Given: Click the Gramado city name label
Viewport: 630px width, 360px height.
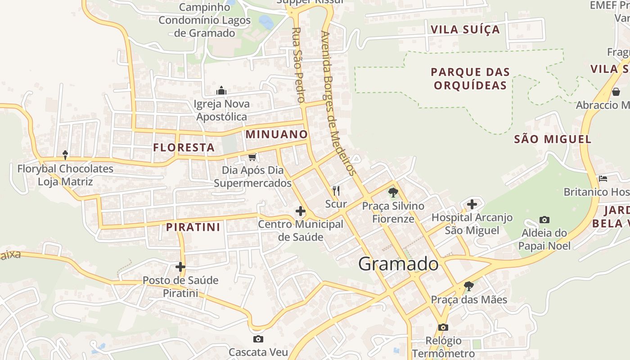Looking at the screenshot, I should click(398, 264).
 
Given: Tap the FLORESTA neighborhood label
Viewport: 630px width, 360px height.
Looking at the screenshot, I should click(184, 147).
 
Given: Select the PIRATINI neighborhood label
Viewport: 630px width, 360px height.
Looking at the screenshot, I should click(193, 227).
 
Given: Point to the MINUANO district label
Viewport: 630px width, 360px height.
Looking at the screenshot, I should click(276, 134).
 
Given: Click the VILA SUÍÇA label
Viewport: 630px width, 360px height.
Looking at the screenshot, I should click(465, 30).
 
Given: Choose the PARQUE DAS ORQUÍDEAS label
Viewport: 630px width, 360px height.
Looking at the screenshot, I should click(470, 79).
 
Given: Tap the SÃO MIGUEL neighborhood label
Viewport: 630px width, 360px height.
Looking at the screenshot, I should click(553, 139).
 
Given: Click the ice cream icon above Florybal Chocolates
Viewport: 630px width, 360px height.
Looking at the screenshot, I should click(65, 155).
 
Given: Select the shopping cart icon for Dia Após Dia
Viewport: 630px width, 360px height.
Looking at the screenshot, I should click(252, 157).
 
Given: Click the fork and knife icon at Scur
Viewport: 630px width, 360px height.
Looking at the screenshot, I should click(336, 191).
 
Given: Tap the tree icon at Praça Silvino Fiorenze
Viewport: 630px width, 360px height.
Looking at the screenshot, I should click(393, 193).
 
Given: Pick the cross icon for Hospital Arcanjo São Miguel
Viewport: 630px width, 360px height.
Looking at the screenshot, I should click(472, 205).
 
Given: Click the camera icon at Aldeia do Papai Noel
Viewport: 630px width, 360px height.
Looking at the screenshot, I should click(544, 220).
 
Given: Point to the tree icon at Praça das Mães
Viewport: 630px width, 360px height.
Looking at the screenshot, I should click(469, 286).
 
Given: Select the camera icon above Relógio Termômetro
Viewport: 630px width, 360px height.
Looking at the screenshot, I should click(443, 327).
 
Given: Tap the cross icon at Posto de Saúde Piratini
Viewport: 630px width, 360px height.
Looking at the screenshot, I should click(180, 267).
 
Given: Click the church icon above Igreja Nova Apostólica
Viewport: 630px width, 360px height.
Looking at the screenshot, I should click(221, 90).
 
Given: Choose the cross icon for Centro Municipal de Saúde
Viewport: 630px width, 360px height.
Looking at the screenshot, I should click(300, 211).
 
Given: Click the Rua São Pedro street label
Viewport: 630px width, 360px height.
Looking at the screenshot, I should click(298, 64).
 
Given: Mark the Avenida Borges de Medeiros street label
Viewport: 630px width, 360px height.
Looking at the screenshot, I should click(339, 103).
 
